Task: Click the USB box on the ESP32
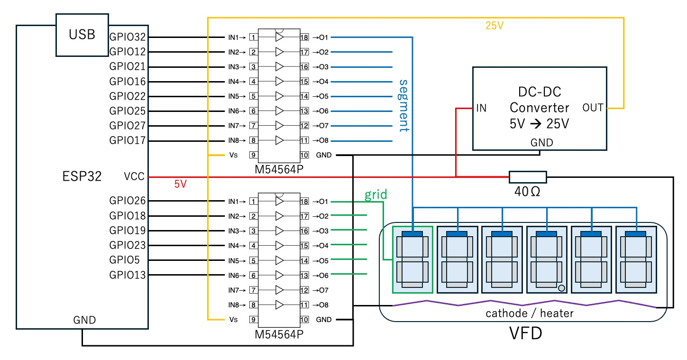[x=82, y=35]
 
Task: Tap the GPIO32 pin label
[x=128, y=37]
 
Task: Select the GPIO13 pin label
[x=128, y=275]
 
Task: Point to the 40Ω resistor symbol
[x=528, y=177]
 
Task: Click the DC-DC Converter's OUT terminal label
[x=593, y=108]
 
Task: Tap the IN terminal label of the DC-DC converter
[x=481, y=109]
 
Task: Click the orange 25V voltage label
[x=495, y=26]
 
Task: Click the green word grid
[x=376, y=194]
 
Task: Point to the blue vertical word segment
[x=403, y=105]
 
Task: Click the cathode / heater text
[x=529, y=314]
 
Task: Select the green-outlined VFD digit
[x=412, y=259]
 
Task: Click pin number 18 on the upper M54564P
[x=304, y=37]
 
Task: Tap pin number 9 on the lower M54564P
[x=254, y=320]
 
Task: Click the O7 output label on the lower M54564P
[x=323, y=290]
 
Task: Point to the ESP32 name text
[x=82, y=176]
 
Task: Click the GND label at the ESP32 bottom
[x=84, y=320]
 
